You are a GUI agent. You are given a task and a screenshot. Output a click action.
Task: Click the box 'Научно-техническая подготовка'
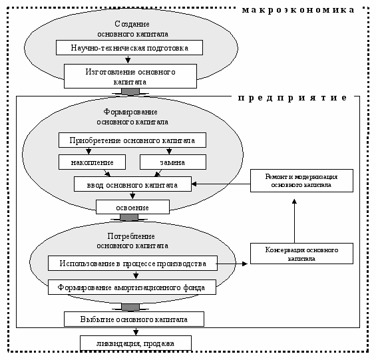pyautogui.click(x=129, y=48)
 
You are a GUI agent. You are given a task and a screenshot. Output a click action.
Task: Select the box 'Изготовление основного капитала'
pyautogui.click(x=130, y=76)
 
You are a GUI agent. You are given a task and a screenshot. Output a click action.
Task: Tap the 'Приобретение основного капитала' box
pyautogui.click(x=132, y=140)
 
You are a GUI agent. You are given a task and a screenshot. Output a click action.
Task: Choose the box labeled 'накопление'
pyautogui.click(x=92, y=162)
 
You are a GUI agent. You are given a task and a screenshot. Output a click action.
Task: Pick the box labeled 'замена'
pyautogui.click(x=173, y=162)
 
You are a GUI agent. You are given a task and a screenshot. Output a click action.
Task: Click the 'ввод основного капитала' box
pyautogui.click(x=132, y=184)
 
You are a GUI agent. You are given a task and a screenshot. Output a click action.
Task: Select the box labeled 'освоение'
pyautogui.click(x=132, y=207)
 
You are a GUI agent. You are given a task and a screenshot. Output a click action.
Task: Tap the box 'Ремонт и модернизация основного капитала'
pyautogui.click(x=301, y=180)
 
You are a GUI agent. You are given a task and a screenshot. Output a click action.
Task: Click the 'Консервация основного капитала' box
pyautogui.click(x=301, y=254)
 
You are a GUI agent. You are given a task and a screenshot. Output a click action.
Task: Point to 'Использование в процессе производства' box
pyautogui.click(x=132, y=264)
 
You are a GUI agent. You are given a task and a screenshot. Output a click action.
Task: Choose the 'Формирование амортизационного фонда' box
pyautogui.click(x=132, y=287)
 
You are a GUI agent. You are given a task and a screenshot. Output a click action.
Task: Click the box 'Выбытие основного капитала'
pyautogui.click(x=134, y=319)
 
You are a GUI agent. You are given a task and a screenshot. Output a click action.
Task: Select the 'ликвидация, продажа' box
pyautogui.click(x=136, y=343)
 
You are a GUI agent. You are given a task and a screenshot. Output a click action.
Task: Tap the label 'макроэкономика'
pyautogui.click(x=298, y=10)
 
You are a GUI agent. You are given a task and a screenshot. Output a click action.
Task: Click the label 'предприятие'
pyautogui.click(x=292, y=98)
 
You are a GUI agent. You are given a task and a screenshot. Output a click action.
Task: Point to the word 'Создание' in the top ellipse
pyautogui.click(x=132, y=24)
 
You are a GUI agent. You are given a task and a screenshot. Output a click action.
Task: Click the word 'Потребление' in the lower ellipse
pyautogui.click(x=131, y=236)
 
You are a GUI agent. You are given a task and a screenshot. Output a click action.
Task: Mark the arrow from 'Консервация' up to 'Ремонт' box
pyautogui.click(x=294, y=221)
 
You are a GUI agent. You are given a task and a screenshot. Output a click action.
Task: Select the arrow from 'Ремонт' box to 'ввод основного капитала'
pyautogui.click(x=221, y=184)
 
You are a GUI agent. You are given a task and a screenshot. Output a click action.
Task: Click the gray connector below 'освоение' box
pyautogui.click(x=129, y=218)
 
